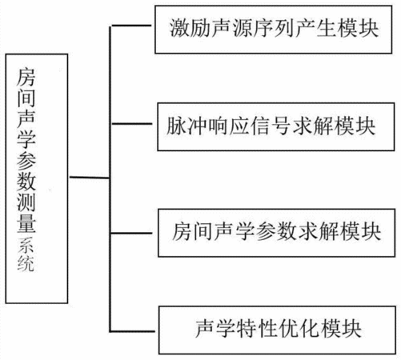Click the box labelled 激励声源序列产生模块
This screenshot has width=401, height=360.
coord(274,30)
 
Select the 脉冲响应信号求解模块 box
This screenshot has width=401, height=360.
coord(276,126)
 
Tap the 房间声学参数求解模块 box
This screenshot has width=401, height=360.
coord(277,233)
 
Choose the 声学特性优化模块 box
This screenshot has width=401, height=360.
coord(277,330)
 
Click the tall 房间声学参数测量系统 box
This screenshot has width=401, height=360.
coord(37,178)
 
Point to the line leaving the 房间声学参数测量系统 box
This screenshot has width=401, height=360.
coord(90,178)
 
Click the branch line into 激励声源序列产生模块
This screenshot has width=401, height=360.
coord(131,26)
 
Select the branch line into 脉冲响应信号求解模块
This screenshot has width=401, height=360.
coord(132,124)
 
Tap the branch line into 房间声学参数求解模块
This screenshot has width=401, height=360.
coord(131,234)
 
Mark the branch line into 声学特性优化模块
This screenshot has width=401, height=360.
coord(132,331)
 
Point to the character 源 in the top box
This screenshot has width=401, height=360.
coord(243,28)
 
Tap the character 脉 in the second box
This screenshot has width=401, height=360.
coord(177,126)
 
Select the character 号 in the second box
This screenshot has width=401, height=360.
coord(282,126)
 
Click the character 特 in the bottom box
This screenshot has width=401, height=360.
coord(247,329)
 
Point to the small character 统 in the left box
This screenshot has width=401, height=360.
coord(26,263)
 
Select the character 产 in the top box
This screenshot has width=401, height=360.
coord(305,28)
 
